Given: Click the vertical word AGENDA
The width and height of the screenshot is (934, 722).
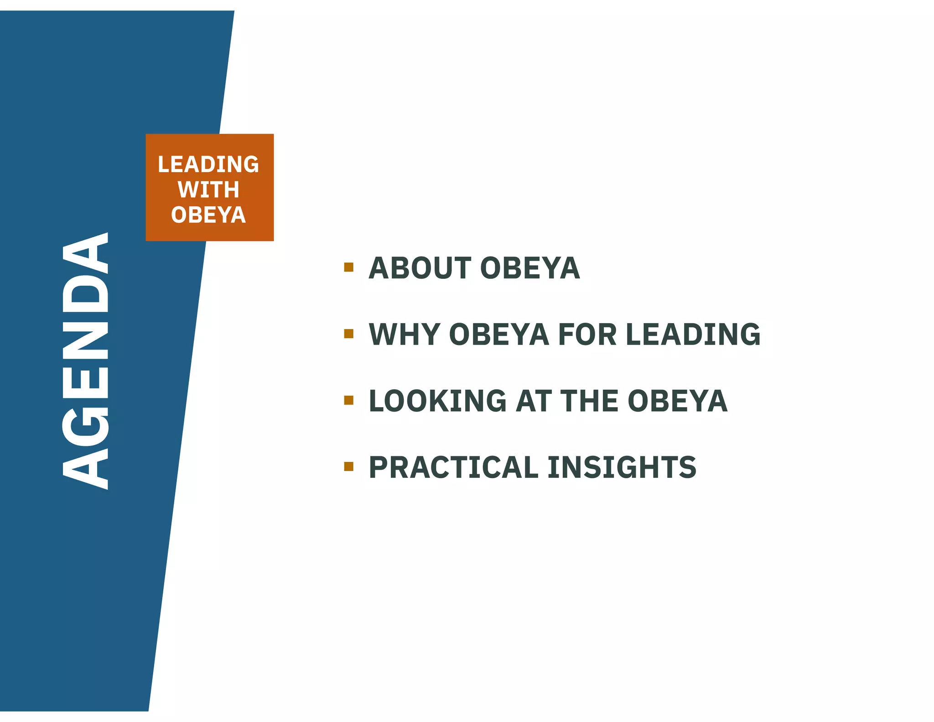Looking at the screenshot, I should [86, 361].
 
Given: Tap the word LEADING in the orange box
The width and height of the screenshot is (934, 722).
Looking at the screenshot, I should [208, 164].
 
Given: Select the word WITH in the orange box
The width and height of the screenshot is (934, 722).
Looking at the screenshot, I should [208, 189].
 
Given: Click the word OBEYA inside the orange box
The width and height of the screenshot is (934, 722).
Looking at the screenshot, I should [208, 215].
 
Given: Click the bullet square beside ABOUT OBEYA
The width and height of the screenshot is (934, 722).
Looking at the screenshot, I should [349, 267].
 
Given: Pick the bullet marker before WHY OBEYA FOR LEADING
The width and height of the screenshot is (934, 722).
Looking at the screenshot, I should [349, 334].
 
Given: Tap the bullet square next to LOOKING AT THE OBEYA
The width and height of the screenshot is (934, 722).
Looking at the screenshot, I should [349, 400].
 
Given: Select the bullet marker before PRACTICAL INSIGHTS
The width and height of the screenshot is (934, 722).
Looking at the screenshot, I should [349, 466].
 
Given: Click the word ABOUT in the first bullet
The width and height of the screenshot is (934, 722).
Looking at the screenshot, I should [420, 268].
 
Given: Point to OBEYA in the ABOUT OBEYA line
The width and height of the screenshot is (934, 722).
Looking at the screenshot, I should [530, 268].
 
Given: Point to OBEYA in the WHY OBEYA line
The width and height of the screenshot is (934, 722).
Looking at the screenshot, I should [499, 335].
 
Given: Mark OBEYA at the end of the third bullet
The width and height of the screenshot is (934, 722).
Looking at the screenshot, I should [677, 401].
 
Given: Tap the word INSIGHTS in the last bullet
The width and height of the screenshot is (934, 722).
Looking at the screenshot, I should [622, 467].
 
